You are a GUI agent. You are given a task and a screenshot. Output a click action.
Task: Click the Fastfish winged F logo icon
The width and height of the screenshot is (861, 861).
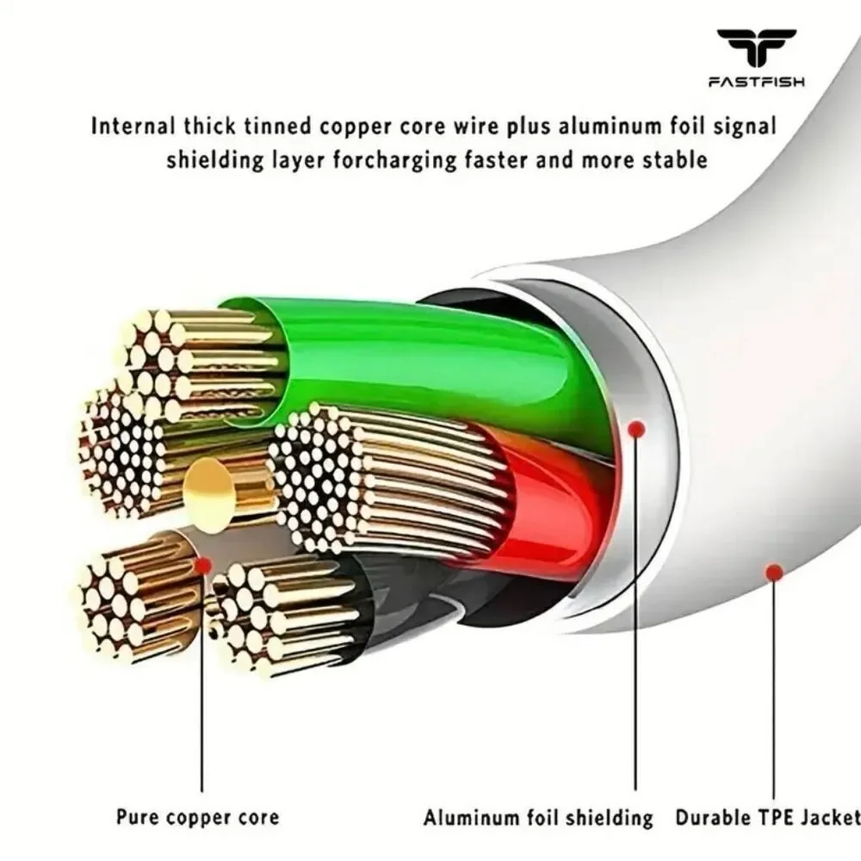pyautogui.click(x=756, y=47)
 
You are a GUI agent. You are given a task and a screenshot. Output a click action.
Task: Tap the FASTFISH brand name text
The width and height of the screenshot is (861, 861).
pyautogui.click(x=757, y=82)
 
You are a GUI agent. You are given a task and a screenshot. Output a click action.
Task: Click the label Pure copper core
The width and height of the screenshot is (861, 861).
pyautogui.click(x=198, y=816)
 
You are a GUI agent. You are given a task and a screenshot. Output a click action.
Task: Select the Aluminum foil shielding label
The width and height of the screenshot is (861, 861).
pyautogui.click(x=538, y=817)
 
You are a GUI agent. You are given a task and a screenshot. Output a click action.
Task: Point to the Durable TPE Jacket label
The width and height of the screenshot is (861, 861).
pyautogui.click(x=768, y=817)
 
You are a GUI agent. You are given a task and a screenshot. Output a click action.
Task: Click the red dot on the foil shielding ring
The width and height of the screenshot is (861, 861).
pyautogui.click(x=636, y=428)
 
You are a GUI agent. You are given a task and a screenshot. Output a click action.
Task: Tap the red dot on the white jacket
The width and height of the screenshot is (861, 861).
pyautogui.click(x=774, y=573)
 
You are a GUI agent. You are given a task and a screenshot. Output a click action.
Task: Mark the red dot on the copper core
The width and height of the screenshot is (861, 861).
pyautogui.click(x=202, y=565)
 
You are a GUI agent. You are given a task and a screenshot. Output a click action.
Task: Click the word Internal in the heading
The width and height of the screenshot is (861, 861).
pyautogui.click(x=133, y=126)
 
